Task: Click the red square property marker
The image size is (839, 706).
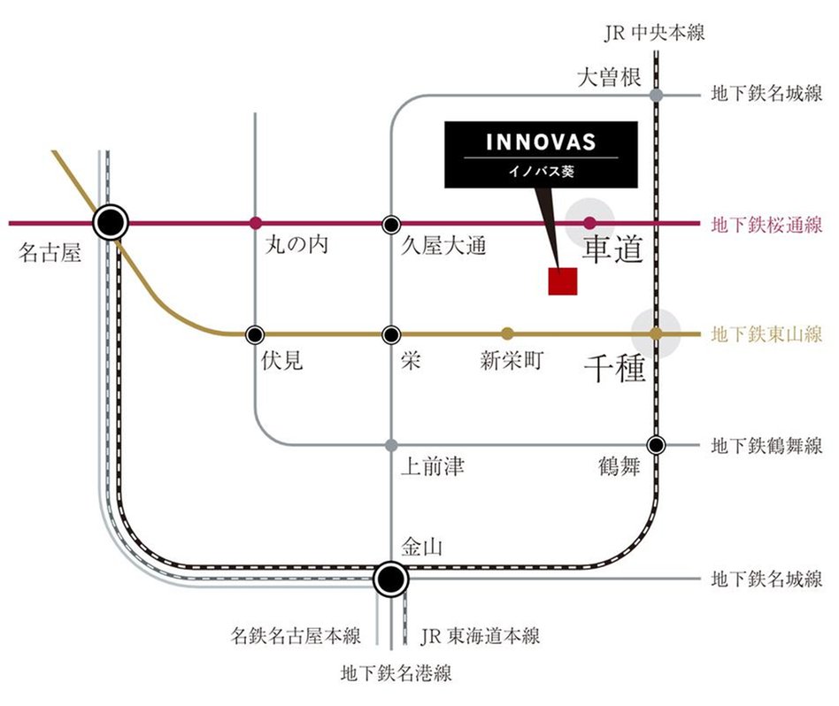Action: tap(562, 280)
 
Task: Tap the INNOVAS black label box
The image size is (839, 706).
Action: tap(541, 155)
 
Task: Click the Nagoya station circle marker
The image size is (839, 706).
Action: tap(112, 222)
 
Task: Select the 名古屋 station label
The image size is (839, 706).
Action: tap(50, 255)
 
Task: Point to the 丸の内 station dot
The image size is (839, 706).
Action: tap(256, 222)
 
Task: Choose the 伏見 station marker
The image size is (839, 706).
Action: tap(256, 334)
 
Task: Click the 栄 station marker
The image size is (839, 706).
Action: tap(391, 334)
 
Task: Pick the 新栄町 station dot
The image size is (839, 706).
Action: tap(507, 334)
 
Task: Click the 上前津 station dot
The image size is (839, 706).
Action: tap(391, 444)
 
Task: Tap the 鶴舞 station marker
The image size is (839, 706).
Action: tap(656, 444)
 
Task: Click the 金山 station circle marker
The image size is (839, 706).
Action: tap(390, 579)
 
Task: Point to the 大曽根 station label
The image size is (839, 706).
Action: tap(608, 78)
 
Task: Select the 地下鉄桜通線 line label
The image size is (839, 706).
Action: tap(766, 224)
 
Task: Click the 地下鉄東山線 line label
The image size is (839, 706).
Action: tap(766, 335)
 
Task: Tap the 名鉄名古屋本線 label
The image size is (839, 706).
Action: tap(296, 635)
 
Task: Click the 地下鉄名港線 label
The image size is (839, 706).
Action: tap(396, 674)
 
